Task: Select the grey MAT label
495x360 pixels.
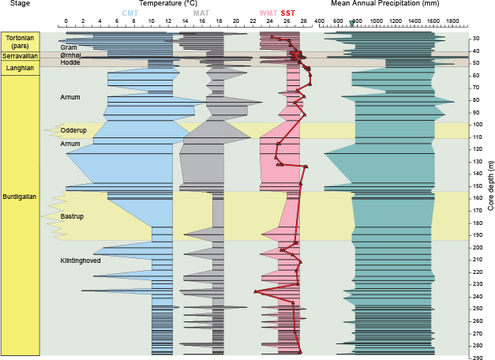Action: (x=201, y=13)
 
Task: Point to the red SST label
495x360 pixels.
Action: (x=287, y=13)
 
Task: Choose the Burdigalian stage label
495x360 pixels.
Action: (x=19, y=197)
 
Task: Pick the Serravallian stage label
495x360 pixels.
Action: (x=19, y=57)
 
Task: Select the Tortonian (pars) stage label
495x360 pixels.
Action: (x=19, y=42)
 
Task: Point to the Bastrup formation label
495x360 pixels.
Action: (x=72, y=216)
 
